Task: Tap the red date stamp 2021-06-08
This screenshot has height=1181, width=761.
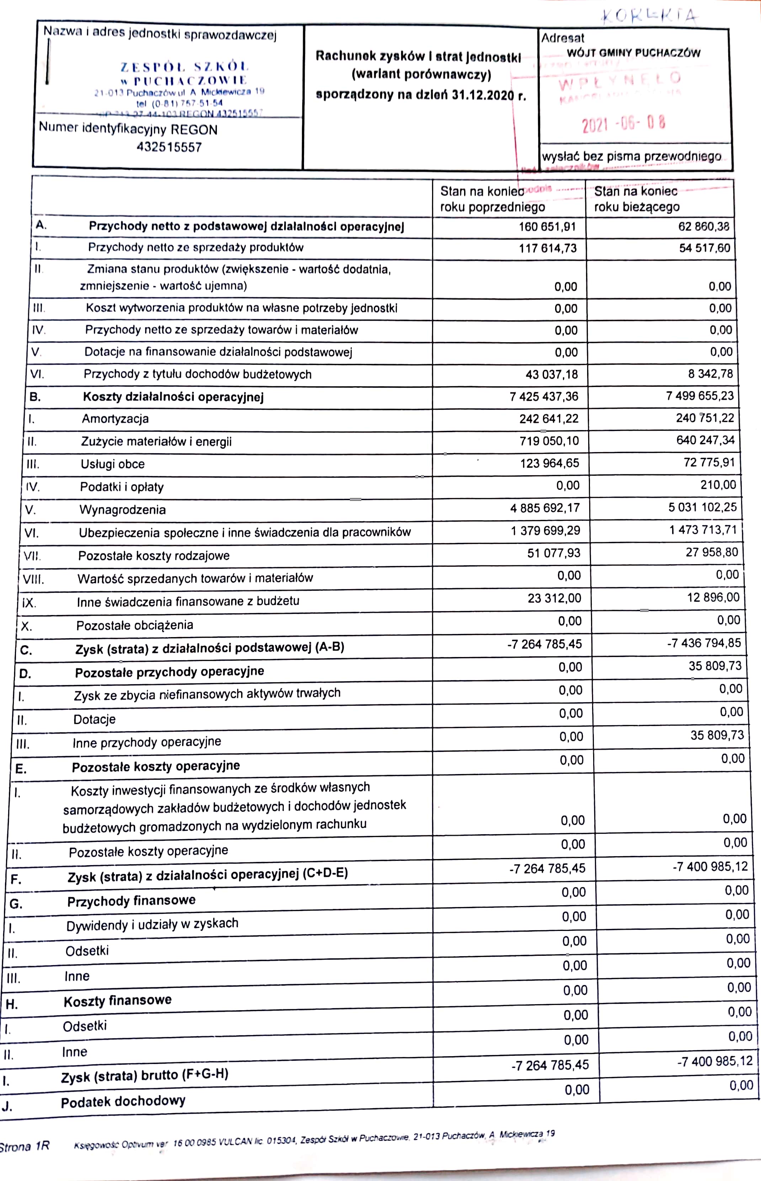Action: click(624, 123)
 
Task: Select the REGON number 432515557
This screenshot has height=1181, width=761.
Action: click(170, 147)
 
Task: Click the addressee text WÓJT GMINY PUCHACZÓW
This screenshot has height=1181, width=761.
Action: click(633, 53)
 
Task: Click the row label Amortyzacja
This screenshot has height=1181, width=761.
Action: click(115, 419)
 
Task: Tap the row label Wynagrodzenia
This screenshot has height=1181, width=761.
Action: click(123, 510)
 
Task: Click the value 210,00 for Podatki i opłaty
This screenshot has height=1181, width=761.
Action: click(718, 485)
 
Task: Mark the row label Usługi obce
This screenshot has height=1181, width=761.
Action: click(113, 464)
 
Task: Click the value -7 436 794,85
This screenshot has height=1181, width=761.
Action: click(704, 643)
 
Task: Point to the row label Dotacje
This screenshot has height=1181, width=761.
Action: click(94, 719)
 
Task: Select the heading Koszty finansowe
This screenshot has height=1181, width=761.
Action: click(118, 1001)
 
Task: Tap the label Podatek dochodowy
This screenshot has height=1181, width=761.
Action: click(123, 1101)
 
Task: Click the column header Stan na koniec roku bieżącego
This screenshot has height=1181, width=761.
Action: click(637, 199)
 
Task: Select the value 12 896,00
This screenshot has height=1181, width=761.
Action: click(713, 598)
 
